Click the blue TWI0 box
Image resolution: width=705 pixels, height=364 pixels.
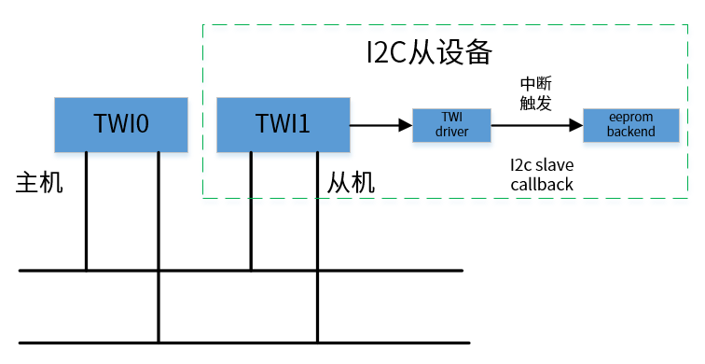click(121, 123)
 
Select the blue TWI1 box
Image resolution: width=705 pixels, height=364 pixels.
click(282, 123)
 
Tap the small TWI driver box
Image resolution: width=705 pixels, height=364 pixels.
click(452, 124)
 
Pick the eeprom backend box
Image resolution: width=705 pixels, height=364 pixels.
click(630, 124)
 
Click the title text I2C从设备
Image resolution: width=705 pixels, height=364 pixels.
click(428, 51)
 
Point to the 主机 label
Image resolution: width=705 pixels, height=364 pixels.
click(39, 182)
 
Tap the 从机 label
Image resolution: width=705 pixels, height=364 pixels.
click(351, 182)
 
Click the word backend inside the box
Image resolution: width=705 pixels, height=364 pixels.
click(630, 132)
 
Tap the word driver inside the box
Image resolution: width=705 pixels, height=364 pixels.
click(452, 132)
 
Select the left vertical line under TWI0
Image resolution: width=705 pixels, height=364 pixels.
click(86, 210)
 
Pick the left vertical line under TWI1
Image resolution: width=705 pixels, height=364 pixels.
click(250, 210)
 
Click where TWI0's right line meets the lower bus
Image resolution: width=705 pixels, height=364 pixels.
click(158, 343)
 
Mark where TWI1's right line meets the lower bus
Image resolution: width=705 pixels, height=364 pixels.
click(317, 343)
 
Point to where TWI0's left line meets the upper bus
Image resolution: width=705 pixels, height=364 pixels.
click(86, 271)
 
